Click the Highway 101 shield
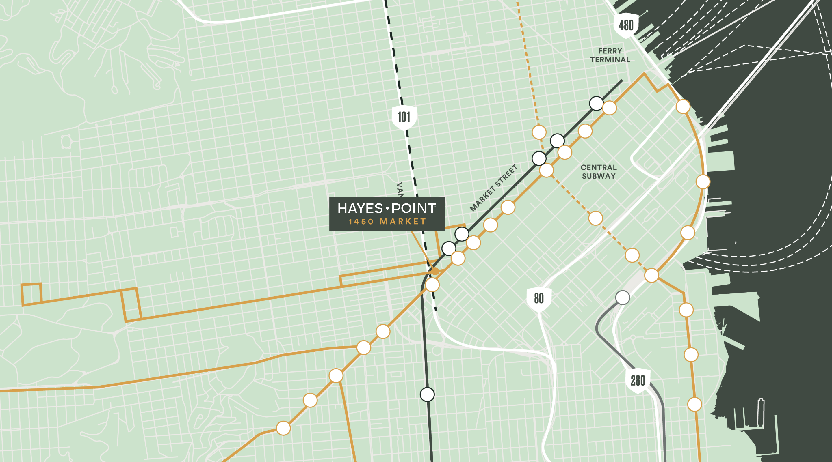(404, 117)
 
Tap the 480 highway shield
(626, 25)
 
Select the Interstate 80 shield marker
(538, 298)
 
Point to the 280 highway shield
(638, 380)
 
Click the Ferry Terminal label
(610, 55)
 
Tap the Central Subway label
(599, 172)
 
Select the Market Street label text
(493, 188)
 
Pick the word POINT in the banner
(413, 208)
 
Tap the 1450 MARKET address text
(387, 222)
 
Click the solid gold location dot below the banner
(435, 271)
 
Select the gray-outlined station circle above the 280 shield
(622, 298)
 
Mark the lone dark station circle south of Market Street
(427, 394)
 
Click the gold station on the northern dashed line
(539, 132)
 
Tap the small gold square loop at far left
(31, 294)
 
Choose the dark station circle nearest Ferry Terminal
(596, 103)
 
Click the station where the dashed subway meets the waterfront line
(651, 275)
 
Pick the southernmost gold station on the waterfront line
(694, 404)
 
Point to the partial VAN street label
(400, 189)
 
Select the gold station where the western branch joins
(364, 347)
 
